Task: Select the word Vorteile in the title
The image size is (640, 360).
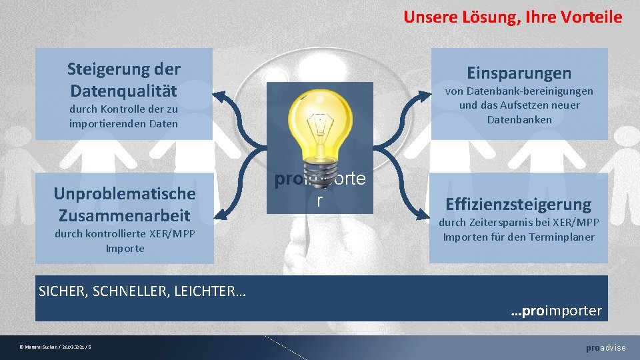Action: click(x=589, y=17)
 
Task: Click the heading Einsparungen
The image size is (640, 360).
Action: click(x=519, y=73)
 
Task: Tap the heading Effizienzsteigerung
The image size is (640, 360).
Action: click(x=519, y=204)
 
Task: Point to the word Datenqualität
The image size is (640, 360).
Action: click(x=124, y=89)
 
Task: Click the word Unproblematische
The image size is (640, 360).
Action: click(x=125, y=193)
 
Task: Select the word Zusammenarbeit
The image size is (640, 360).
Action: click(x=125, y=215)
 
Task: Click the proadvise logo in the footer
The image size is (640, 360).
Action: click(x=605, y=348)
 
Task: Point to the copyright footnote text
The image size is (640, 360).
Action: click(x=56, y=347)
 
